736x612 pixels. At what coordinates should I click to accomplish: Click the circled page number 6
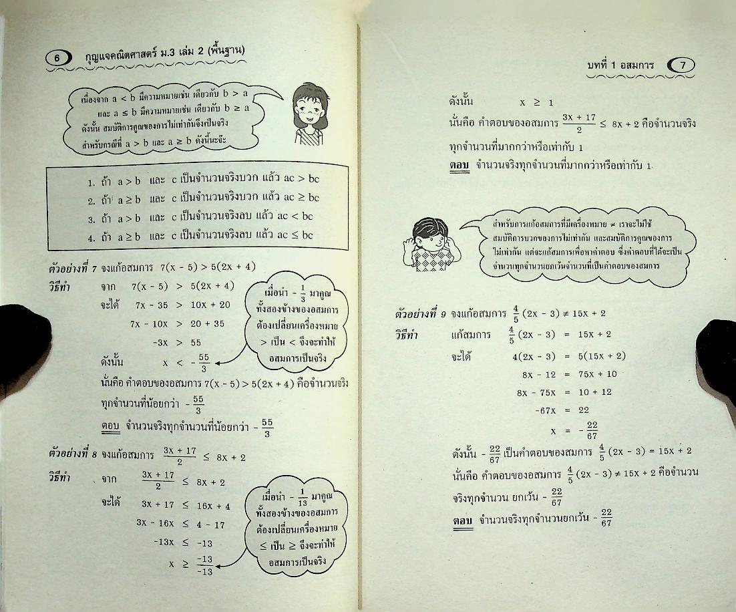(x=58, y=58)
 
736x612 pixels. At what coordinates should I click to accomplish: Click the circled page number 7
(x=681, y=65)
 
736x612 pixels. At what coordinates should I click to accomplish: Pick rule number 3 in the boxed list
(x=200, y=216)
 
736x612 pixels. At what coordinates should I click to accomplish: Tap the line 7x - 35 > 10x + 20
(x=182, y=305)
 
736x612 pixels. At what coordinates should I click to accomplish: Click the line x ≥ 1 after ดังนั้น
(x=536, y=102)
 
